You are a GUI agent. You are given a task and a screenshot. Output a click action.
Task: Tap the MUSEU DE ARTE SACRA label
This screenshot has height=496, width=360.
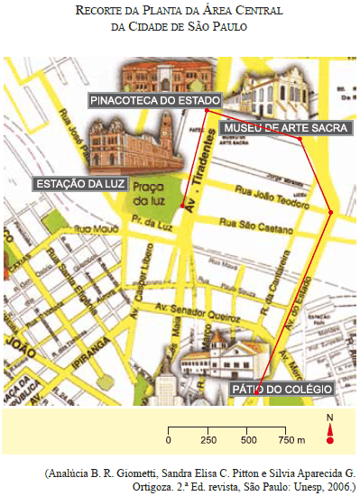point(285,129)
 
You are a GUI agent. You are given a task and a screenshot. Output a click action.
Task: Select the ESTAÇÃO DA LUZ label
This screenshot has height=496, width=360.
point(79,184)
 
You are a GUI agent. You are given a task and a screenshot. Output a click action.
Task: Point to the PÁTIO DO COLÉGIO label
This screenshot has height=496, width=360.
point(283,390)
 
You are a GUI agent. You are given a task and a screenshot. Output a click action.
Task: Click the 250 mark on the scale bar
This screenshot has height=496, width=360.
point(208,440)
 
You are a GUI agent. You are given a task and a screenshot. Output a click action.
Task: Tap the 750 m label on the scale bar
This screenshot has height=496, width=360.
point(290,440)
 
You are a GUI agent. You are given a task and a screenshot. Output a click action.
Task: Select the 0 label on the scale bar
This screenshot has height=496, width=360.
point(169,440)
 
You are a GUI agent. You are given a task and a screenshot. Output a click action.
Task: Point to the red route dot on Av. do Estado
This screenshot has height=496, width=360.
point(331,213)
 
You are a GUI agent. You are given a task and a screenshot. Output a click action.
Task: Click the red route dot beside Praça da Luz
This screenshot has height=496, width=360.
point(182,207)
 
